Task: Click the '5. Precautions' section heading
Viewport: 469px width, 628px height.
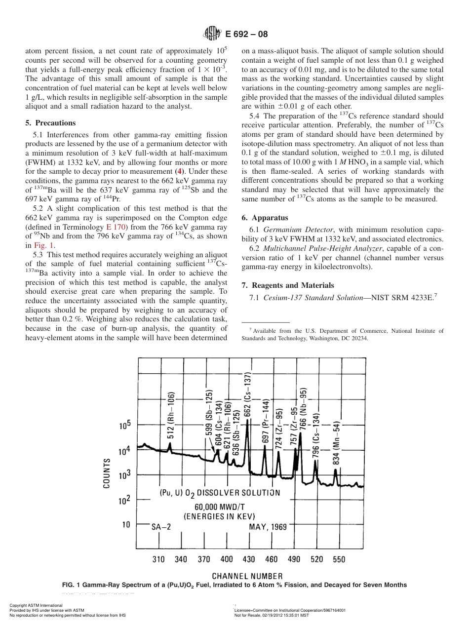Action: (50, 123)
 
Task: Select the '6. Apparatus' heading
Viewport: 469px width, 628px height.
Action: (265, 218)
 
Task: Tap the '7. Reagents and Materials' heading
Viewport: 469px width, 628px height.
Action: (288, 285)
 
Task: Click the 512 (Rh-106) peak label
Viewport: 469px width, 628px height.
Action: (170, 415)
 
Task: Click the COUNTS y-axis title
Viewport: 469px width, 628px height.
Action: (107, 473)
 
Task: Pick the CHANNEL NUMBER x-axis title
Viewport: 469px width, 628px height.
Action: (247, 576)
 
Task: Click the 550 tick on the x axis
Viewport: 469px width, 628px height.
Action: (339, 559)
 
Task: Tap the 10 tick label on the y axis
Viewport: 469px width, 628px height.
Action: (126, 524)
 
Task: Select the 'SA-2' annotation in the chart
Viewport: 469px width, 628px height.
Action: (161, 527)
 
